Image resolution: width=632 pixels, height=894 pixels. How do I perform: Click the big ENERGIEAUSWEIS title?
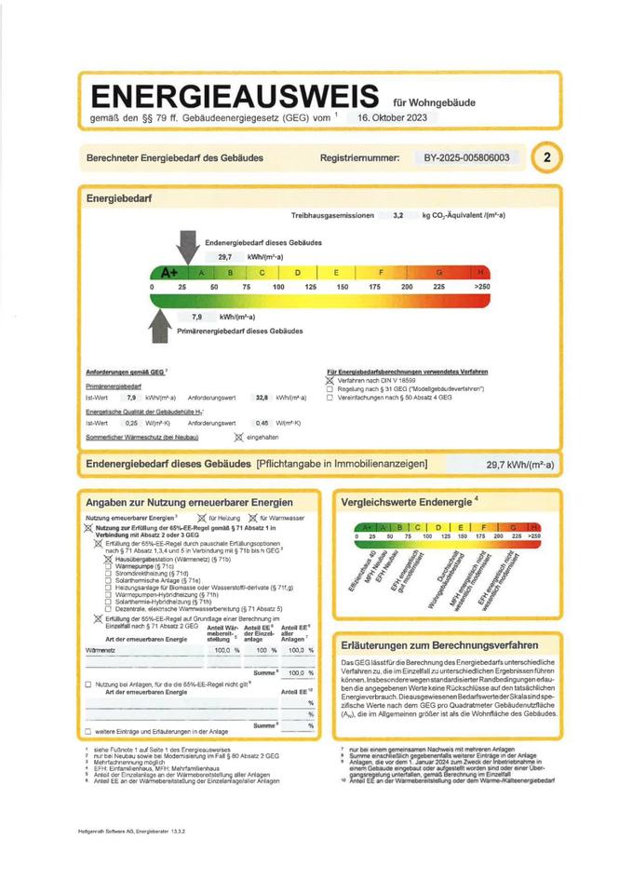(232, 96)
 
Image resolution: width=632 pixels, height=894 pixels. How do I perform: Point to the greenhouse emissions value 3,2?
(397, 215)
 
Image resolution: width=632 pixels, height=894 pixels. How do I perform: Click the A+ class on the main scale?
(169, 272)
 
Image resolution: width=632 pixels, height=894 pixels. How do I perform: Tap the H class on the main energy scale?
(480, 272)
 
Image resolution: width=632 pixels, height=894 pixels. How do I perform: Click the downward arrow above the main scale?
(186, 246)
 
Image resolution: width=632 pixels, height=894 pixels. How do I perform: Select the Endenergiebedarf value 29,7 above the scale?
(224, 256)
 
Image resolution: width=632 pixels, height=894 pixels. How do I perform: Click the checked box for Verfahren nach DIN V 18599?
(330, 381)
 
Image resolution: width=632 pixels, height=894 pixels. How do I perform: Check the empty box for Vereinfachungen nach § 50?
(330, 397)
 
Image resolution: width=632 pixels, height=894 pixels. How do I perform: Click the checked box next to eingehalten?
(238, 436)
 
